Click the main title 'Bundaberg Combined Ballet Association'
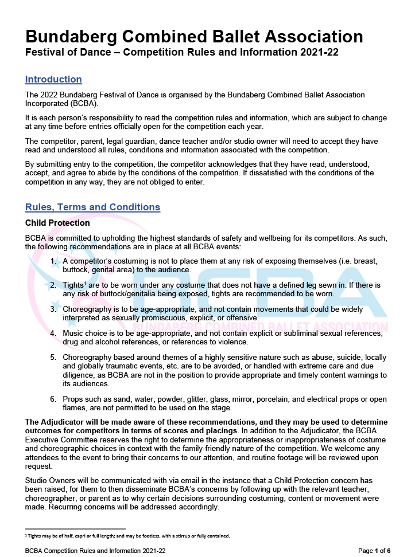click(194, 37)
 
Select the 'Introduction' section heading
click(53, 80)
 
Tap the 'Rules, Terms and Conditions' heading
click(92, 207)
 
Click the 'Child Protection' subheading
click(57, 223)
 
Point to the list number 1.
click(53, 261)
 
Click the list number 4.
click(53, 333)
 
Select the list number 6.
click(53, 399)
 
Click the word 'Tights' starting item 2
click(73, 285)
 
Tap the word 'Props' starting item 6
click(73, 399)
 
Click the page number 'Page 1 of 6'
click(374, 551)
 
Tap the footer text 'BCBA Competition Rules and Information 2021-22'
click(95, 551)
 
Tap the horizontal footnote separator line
click(75, 529)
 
